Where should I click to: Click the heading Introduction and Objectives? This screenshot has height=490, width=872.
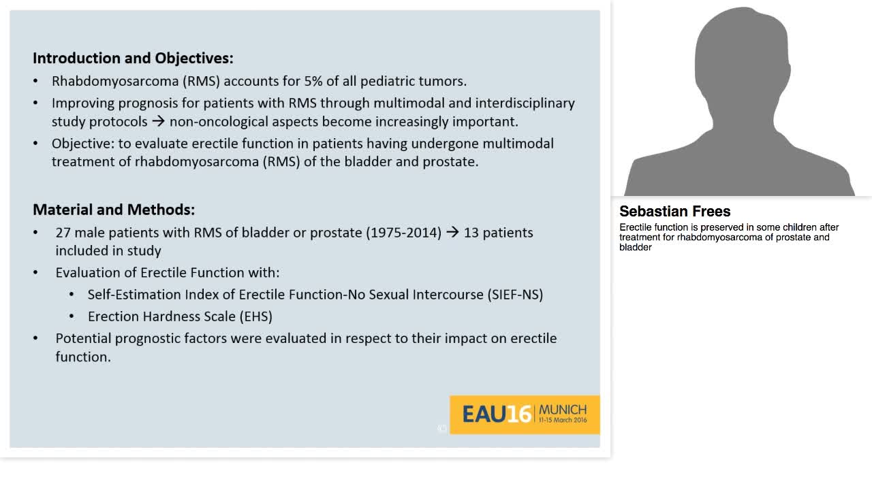click(133, 58)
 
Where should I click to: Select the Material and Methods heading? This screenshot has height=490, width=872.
click(114, 210)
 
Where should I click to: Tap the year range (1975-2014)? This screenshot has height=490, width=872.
click(403, 233)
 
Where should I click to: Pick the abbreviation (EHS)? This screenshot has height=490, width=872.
click(255, 316)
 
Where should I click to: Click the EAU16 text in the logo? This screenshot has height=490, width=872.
click(496, 414)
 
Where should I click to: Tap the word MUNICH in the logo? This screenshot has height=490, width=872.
click(562, 410)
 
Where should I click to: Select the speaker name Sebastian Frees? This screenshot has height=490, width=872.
click(674, 212)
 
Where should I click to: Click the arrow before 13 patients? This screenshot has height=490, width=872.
click(452, 233)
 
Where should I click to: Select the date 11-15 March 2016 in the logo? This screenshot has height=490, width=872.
click(562, 421)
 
